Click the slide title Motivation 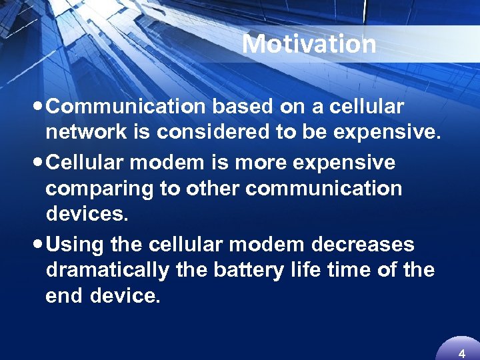click(x=309, y=44)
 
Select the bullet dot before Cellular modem click(x=41, y=163)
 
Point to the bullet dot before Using click(x=41, y=245)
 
